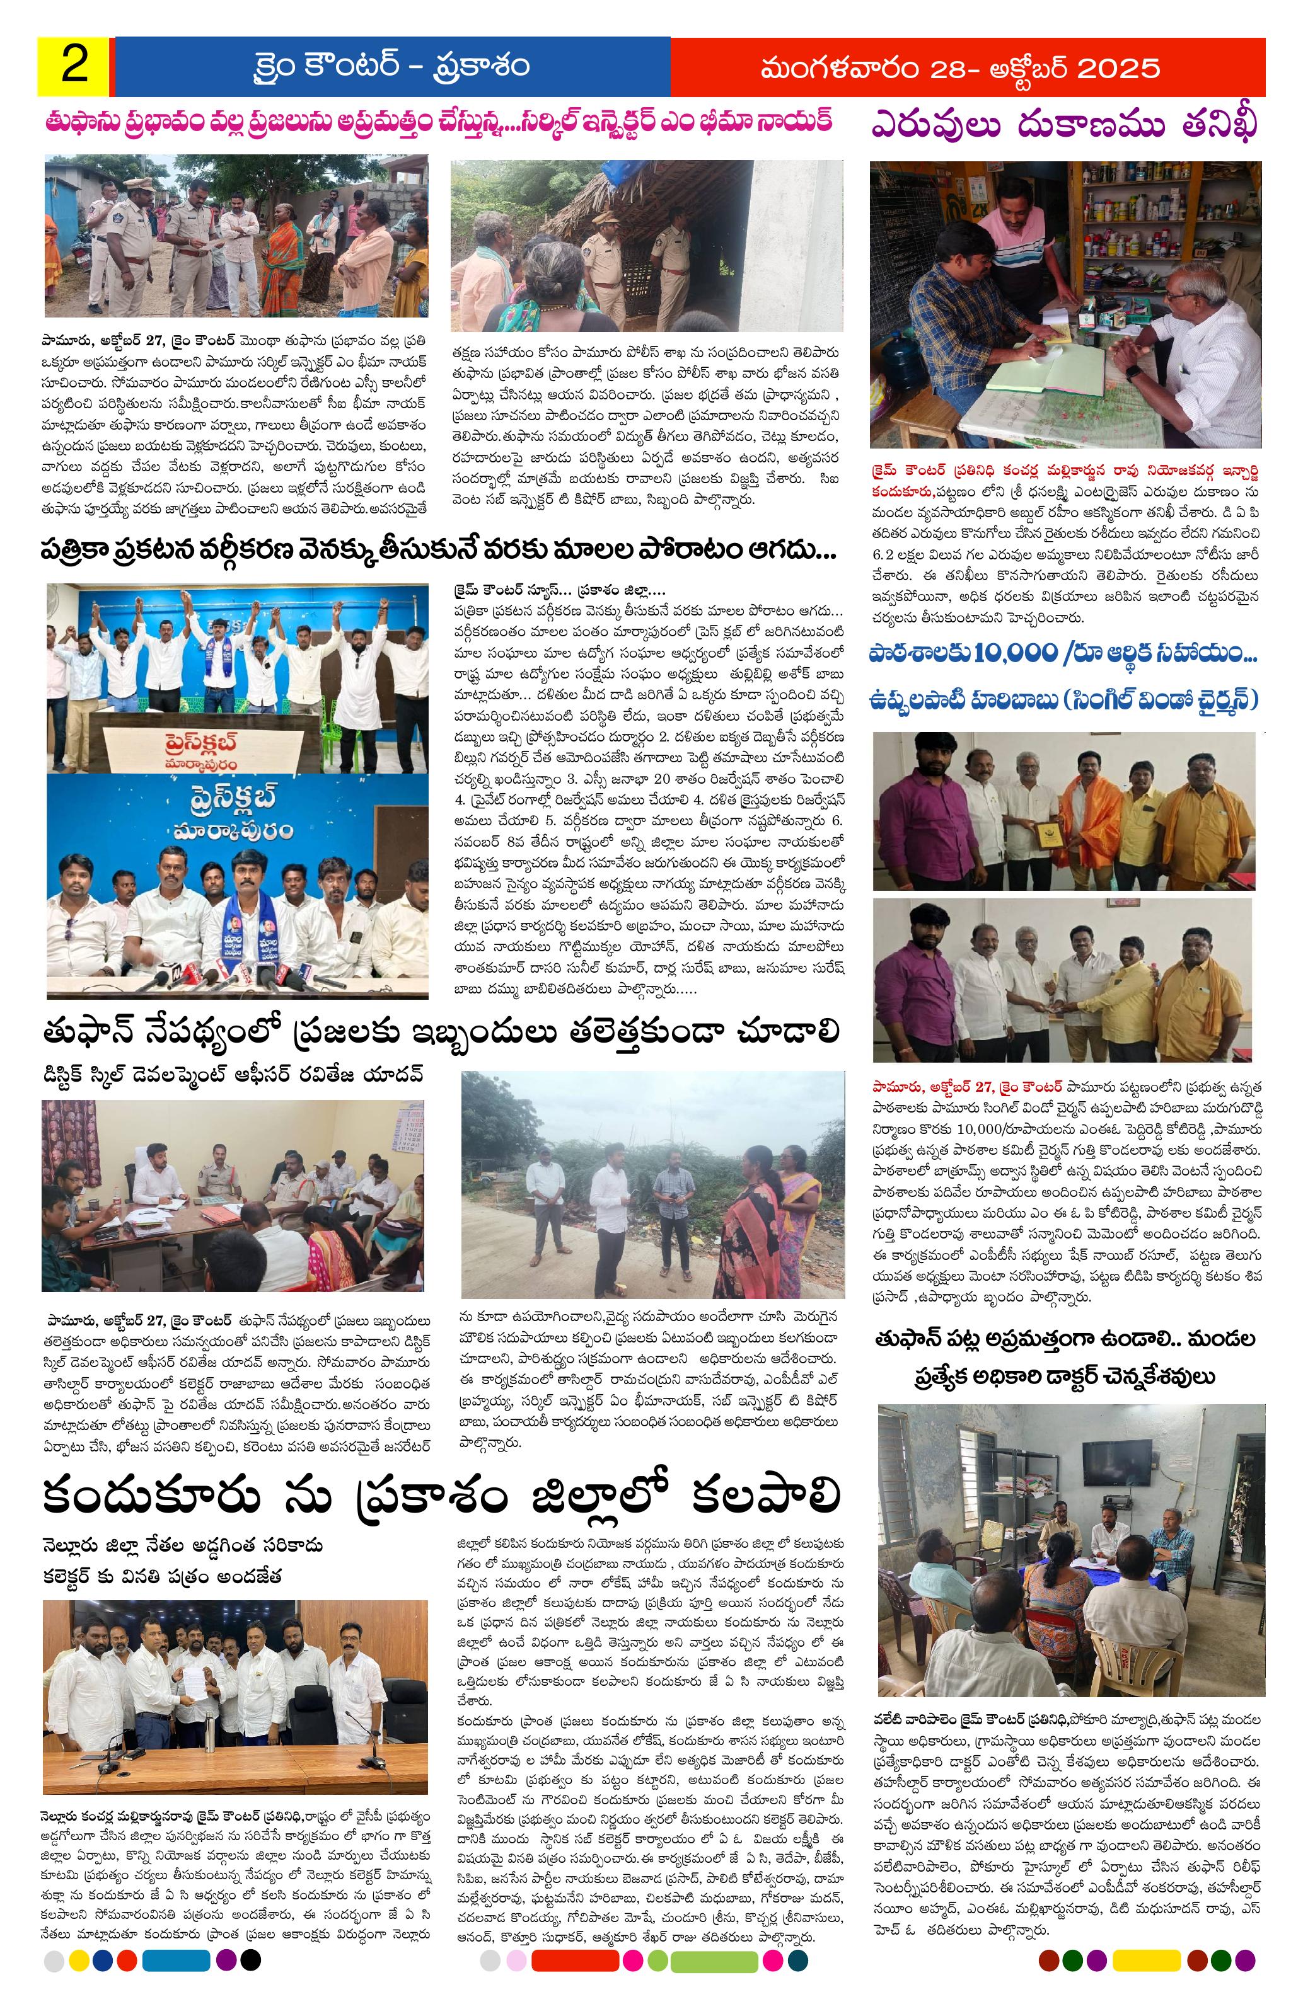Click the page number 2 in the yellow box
coord(74,66)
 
